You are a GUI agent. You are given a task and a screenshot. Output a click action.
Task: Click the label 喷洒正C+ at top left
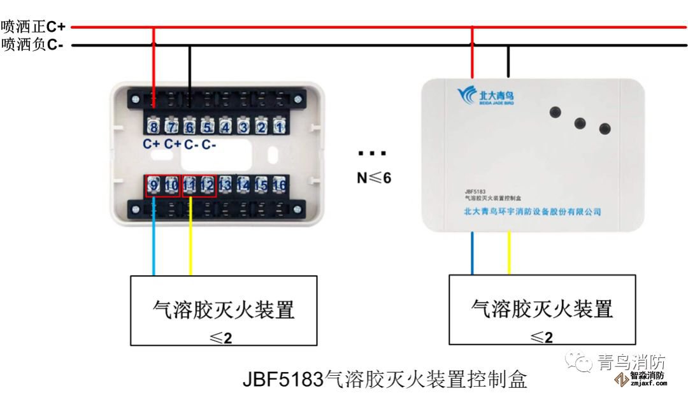33,27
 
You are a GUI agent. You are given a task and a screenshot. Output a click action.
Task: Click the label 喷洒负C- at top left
33,45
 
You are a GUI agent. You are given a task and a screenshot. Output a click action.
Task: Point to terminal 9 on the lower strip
154,185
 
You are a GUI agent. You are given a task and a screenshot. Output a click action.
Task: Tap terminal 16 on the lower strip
278,185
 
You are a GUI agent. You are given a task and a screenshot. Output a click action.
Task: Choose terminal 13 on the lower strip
225,185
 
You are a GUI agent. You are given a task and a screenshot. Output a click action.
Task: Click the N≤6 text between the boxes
374,178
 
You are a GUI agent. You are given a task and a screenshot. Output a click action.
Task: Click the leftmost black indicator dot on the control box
555,111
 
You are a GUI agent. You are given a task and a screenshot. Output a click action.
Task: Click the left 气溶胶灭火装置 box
224,310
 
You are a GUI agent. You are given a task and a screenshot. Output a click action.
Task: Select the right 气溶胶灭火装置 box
542,310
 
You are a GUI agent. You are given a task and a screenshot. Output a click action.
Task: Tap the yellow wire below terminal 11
190,248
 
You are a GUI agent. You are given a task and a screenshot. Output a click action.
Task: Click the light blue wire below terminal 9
154,248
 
